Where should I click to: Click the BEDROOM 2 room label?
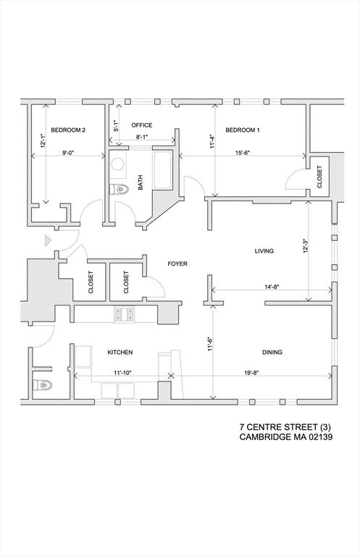[69, 130]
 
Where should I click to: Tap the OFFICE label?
[141, 125]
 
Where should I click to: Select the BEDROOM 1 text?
[242, 130]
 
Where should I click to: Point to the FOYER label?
[177, 264]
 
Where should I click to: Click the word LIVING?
[264, 251]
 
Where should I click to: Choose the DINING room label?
[272, 353]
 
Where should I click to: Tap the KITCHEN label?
[120, 353]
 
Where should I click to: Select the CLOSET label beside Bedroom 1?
[319, 177]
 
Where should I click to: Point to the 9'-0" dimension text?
[70, 152]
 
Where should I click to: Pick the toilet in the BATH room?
[120, 190]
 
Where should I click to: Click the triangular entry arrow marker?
[47, 240]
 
